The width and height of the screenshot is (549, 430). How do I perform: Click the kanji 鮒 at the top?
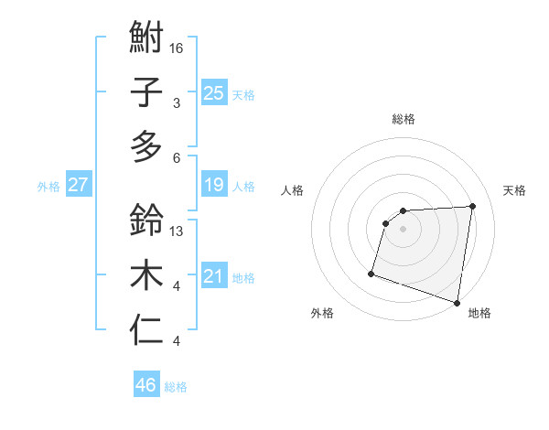point(146,38)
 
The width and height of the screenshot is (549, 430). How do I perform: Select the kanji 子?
point(146,92)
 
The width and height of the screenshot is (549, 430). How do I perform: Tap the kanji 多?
point(146,146)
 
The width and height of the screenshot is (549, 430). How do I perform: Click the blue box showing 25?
point(213,92)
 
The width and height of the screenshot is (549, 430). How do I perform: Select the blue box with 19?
point(213,185)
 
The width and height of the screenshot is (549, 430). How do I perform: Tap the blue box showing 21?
point(213,276)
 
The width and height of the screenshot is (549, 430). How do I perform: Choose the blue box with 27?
point(78,185)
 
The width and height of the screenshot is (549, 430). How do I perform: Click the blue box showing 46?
point(145,385)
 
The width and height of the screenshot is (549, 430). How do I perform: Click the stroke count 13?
point(178,231)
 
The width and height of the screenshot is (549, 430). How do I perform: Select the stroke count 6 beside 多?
point(178,157)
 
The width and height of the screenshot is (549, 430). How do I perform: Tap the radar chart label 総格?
point(404,119)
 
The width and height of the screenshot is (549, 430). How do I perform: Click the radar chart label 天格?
point(514,190)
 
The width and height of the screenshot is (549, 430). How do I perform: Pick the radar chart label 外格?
point(322,313)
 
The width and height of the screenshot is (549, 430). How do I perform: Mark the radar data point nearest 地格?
point(457,303)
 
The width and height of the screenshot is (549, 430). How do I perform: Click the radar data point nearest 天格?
point(472,206)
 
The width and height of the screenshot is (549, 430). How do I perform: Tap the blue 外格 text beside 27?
point(48,186)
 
